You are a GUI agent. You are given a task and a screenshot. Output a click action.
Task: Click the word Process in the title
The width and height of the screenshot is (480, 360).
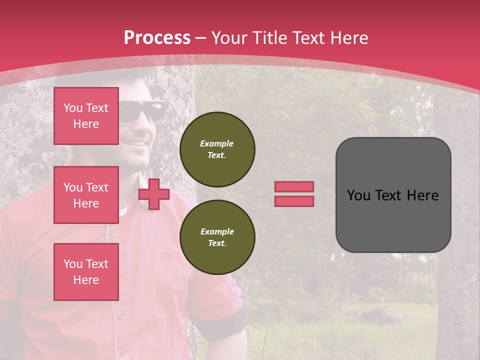click(157, 37)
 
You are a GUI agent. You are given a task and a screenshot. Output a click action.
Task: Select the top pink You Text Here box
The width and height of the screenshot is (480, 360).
click(86, 116)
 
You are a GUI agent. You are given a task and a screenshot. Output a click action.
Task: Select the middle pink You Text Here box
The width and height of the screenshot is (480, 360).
click(86, 195)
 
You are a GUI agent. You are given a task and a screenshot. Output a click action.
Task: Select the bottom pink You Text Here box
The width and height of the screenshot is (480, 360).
click(86, 271)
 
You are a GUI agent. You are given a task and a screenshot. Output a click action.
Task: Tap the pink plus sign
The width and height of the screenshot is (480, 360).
click(154, 194)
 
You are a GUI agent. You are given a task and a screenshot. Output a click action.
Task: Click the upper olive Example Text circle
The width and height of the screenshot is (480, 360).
click(217, 149)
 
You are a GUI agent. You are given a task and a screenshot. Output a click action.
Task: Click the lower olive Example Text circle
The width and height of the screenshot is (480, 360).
click(217, 237)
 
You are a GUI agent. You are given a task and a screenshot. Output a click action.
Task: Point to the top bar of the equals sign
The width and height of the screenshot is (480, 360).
click(294, 186)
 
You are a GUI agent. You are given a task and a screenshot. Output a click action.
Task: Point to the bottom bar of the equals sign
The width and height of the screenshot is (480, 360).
click(294, 201)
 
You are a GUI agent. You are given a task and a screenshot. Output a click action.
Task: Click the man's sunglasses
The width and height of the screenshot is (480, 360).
click(142, 111)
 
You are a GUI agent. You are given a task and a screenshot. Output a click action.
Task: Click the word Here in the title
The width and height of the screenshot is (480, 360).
click(348, 37)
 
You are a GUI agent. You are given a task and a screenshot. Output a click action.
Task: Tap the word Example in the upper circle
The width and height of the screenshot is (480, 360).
click(217, 143)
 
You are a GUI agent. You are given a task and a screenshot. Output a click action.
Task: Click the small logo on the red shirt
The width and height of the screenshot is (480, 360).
click(166, 256)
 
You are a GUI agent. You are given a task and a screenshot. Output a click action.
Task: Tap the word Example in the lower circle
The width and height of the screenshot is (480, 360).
click(217, 231)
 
